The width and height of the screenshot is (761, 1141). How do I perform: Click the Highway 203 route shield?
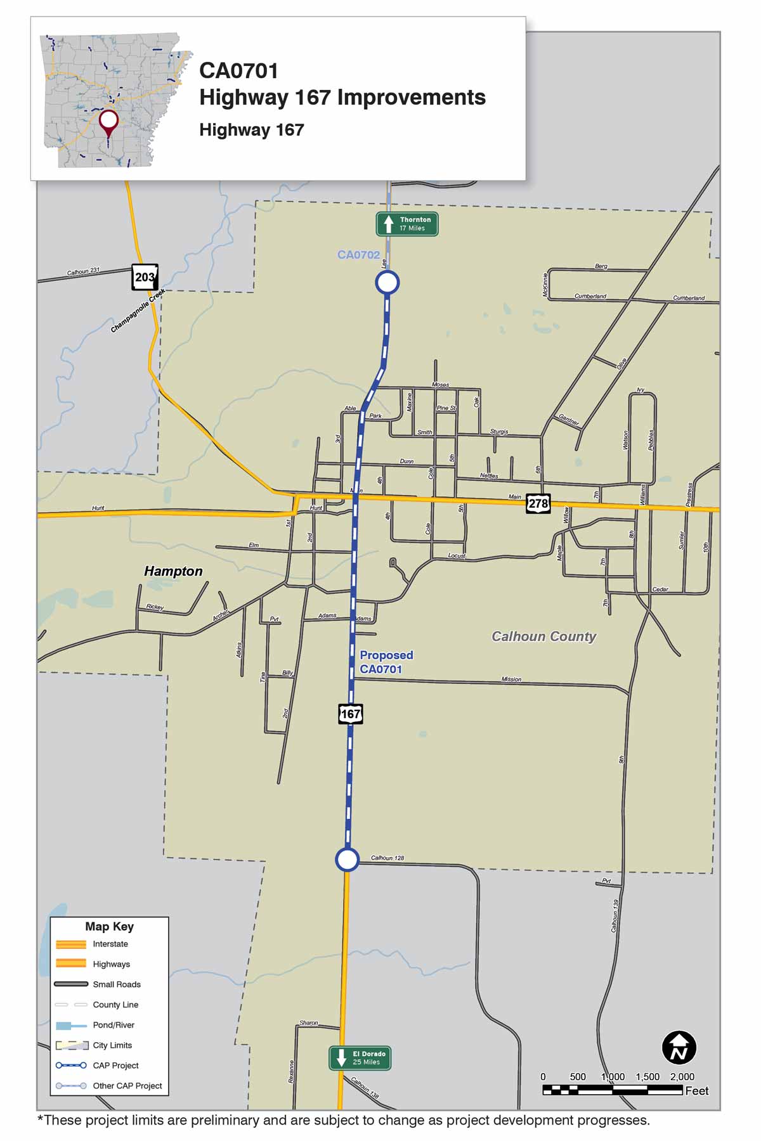click(x=145, y=277)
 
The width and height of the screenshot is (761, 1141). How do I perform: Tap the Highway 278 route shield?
click(x=538, y=504)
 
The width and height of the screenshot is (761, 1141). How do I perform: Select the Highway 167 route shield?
click(x=350, y=714)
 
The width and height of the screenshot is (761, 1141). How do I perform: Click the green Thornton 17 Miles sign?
click(x=407, y=224)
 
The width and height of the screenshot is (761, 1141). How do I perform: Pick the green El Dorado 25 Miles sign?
click(x=360, y=1058)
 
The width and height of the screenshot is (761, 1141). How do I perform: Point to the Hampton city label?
click(x=173, y=571)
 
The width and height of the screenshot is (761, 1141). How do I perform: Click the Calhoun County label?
click(x=543, y=636)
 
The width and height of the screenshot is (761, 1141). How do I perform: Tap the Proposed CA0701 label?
click(x=386, y=662)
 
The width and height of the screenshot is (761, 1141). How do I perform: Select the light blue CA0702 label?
click(x=358, y=255)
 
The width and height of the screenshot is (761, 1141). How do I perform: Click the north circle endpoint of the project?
click(x=387, y=282)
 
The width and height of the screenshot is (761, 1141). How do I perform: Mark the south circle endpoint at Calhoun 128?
click(x=347, y=860)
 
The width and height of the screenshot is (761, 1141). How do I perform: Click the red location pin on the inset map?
click(x=109, y=121)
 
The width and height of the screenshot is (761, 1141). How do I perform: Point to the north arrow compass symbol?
click(x=679, y=1047)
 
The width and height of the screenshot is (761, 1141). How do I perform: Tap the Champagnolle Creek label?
click(x=138, y=311)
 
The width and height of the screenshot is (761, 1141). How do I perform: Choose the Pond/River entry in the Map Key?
click(x=114, y=1025)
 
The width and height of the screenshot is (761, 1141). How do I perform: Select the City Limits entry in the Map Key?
click(x=112, y=1045)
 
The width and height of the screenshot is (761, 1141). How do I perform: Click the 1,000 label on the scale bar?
click(x=613, y=1077)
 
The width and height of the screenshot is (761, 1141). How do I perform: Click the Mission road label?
click(x=511, y=679)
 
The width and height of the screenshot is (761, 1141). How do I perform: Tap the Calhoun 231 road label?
click(x=83, y=271)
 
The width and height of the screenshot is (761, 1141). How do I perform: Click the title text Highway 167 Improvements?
click(x=342, y=97)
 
